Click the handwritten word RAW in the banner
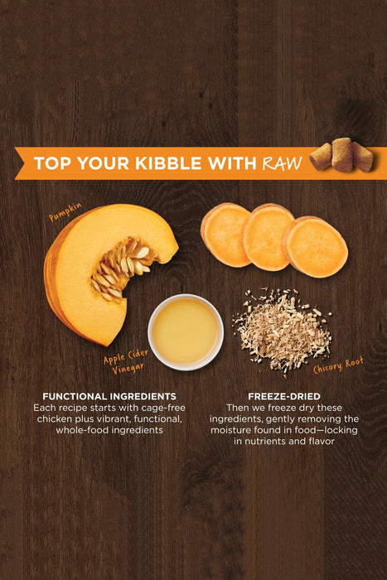(283, 163)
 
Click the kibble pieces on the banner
(342, 155)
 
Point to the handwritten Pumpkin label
(65, 212)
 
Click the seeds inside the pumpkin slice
(120, 267)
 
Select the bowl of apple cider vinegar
(186, 332)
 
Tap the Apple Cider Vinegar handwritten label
(126, 362)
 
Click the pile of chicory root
(282, 331)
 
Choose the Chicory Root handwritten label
(339, 365)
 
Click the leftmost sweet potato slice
(225, 234)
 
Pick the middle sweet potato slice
(266, 237)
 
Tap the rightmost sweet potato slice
(315, 247)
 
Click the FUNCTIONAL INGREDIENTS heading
(109, 396)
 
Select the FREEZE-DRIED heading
(284, 396)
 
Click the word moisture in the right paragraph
(228, 430)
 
